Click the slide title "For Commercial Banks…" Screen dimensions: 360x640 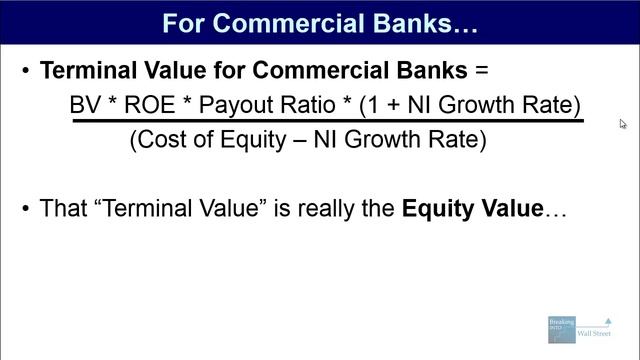[320, 22]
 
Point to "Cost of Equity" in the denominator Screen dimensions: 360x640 [213, 141]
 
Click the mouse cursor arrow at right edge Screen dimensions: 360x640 [623, 125]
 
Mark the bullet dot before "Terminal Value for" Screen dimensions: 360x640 [25, 72]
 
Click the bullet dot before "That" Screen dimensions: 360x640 [25, 210]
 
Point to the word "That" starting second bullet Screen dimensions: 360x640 [63, 209]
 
